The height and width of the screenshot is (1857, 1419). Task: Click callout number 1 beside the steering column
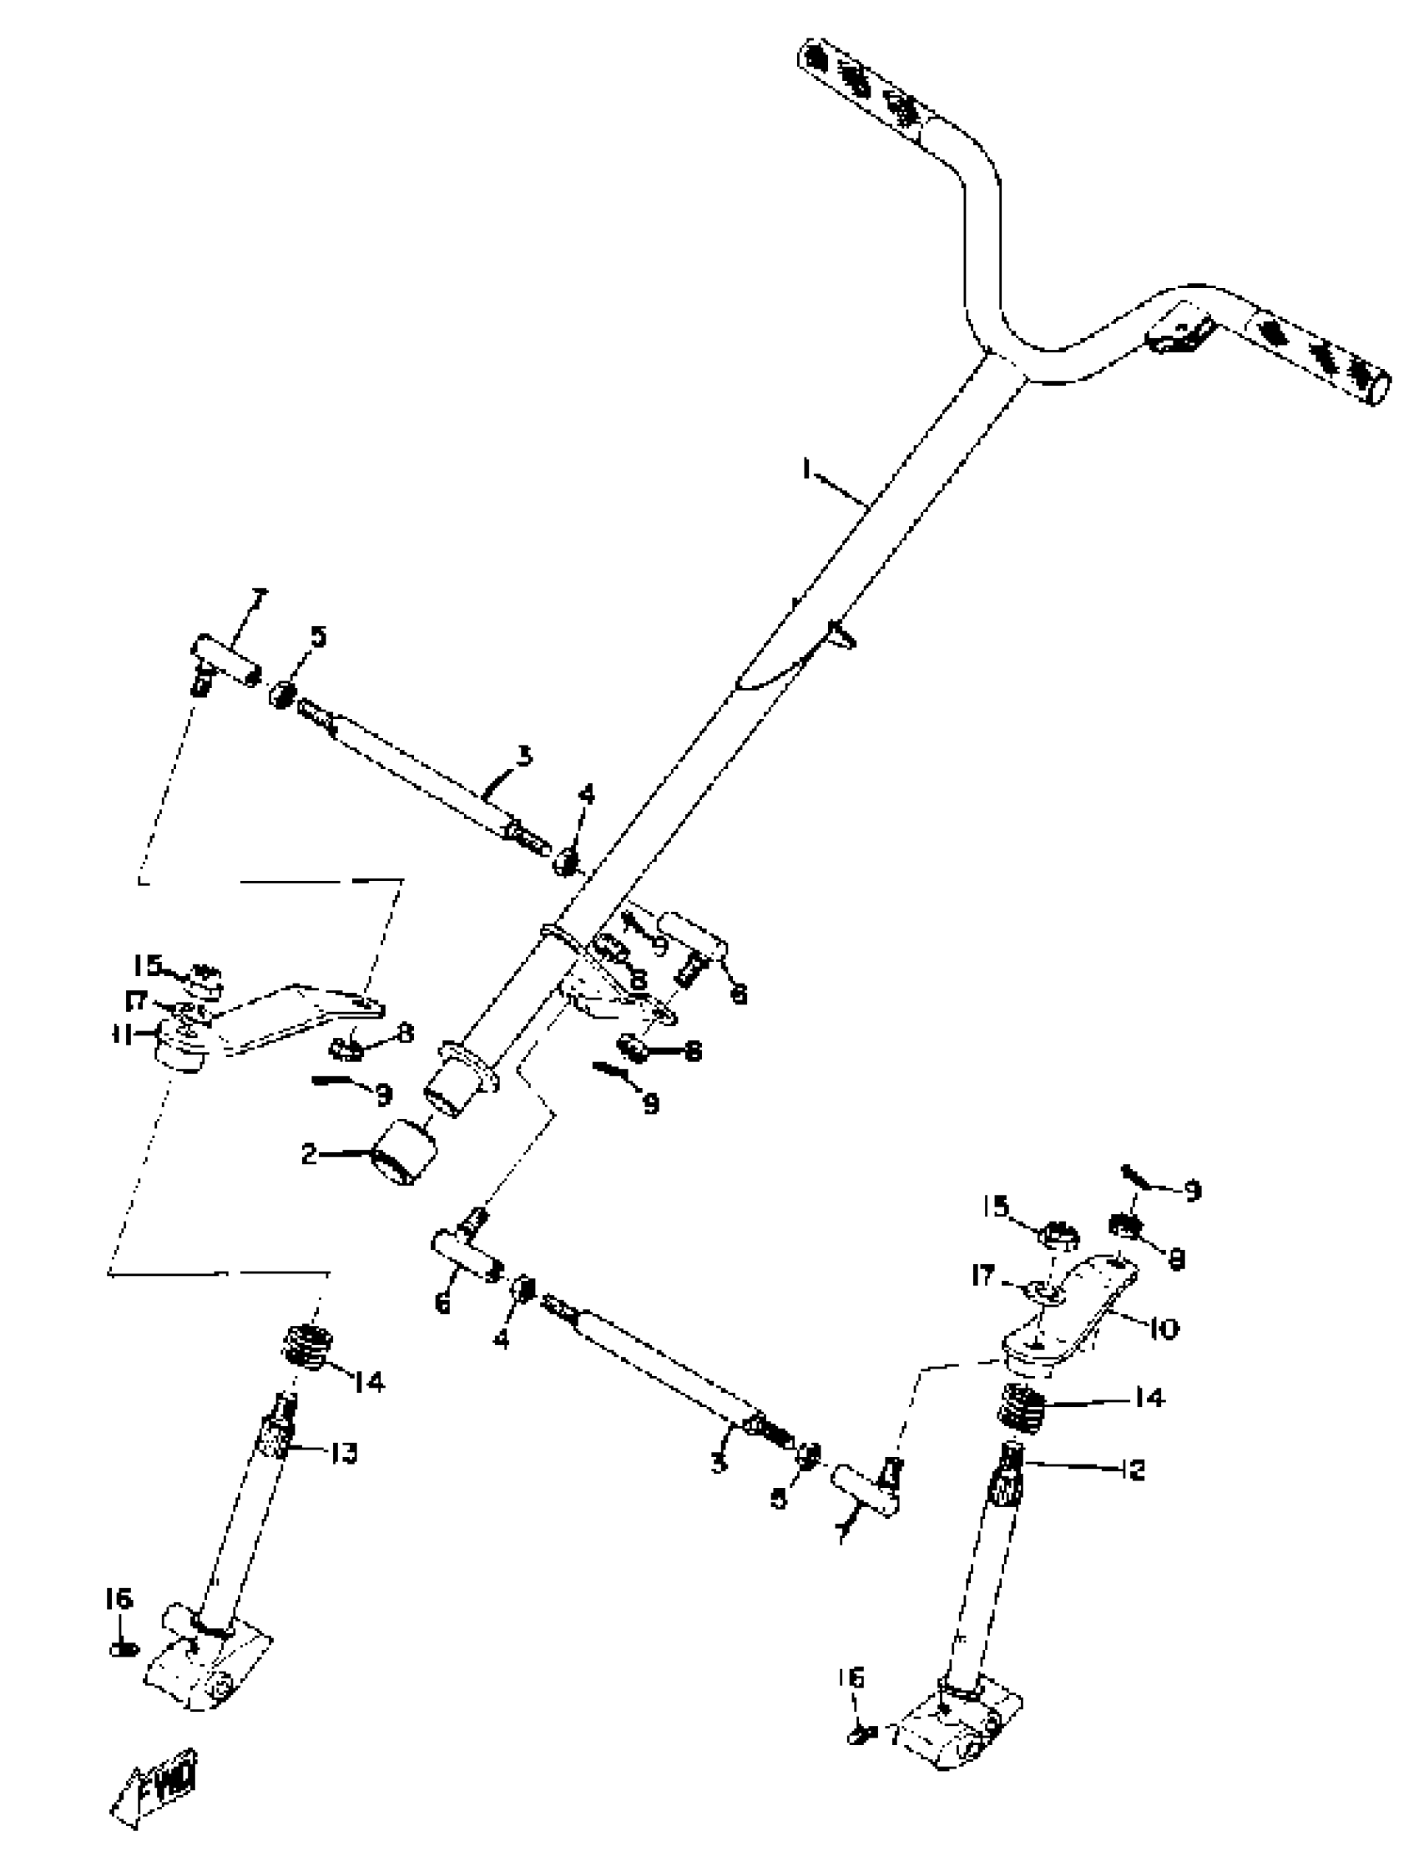pos(805,470)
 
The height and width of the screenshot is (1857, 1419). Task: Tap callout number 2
pos(309,1154)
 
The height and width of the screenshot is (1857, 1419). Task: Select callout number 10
pos(1163,1328)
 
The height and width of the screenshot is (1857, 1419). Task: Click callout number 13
pos(343,1452)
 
